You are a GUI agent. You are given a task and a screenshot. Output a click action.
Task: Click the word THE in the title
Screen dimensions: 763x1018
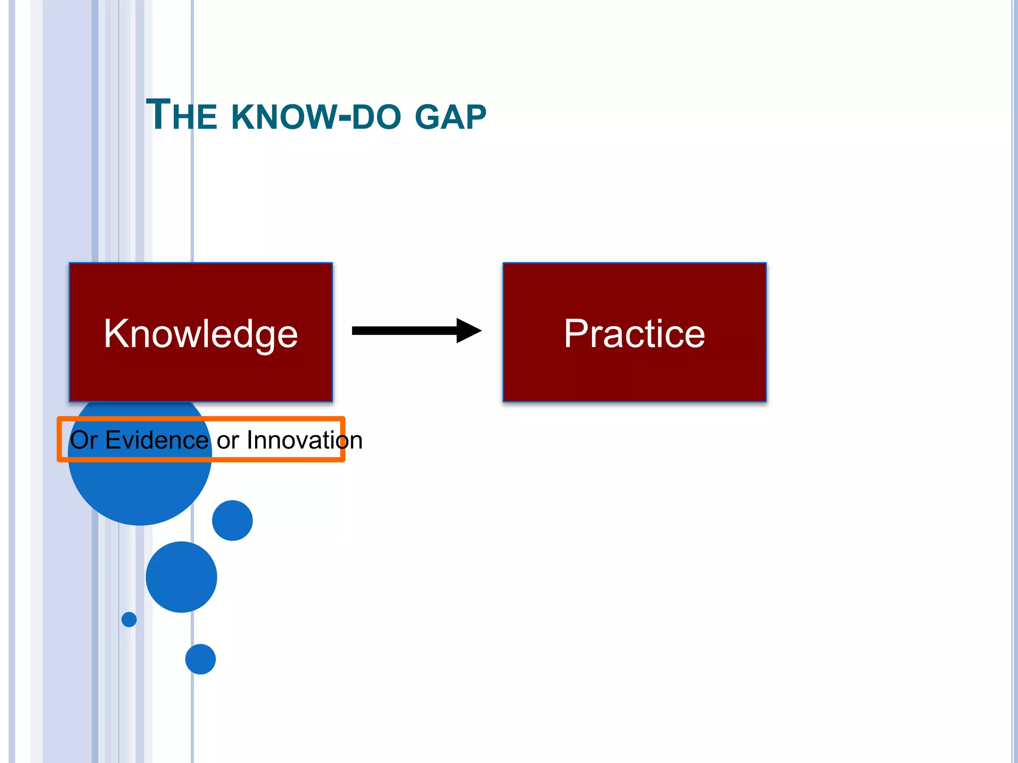(x=182, y=116)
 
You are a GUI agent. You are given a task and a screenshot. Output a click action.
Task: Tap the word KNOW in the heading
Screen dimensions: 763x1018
(x=284, y=117)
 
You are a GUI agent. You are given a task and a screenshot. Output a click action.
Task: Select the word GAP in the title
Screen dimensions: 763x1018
(x=450, y=117)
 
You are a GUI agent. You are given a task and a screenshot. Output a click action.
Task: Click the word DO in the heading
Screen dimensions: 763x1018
(x=376, y=117)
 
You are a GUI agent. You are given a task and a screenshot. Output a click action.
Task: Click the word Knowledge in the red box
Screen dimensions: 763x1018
(x=201, y=334)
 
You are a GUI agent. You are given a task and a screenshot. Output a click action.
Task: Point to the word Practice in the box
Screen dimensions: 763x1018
(x=634, y=334)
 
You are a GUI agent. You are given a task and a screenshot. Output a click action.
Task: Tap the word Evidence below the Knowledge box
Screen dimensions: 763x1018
(x=157, y=440)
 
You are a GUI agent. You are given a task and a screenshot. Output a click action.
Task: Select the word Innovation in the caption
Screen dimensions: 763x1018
(x=305, y=440)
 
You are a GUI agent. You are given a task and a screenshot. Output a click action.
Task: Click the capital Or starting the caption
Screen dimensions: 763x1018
(x=84, y=440)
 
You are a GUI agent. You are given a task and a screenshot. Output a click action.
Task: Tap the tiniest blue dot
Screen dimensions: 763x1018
(x=129, y=619)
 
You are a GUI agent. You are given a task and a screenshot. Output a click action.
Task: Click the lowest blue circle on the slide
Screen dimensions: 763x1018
(x=200, y=659)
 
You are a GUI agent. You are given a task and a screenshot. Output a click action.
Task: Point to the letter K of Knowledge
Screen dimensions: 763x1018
(x=116, y=333)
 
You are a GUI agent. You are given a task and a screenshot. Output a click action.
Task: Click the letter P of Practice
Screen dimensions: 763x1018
(x=577, y=333)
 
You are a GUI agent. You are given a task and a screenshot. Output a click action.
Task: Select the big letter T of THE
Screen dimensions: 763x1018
(x=158, y=115)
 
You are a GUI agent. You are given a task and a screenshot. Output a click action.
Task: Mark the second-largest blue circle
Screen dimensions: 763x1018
(x=181, y=577)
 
